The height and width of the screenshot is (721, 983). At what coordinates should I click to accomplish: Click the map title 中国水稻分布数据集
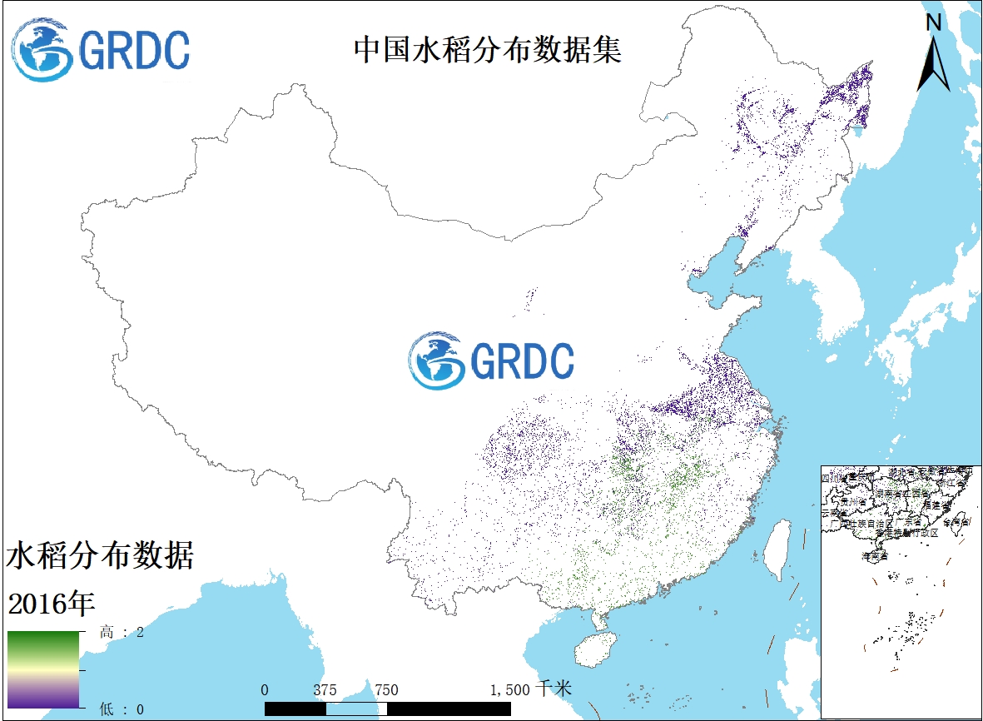click(x=488, y=51)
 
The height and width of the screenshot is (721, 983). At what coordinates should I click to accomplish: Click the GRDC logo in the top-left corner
click(x=101, y=50)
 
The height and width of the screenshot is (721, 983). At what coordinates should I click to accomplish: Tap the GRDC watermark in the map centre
click(x=492, y=360)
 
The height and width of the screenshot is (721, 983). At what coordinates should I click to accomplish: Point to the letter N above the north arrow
click(x=934, y=22)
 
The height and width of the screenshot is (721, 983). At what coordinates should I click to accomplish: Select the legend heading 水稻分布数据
click(x=100, y=555)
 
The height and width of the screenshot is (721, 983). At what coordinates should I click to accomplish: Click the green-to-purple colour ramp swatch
click(x=43, y=669)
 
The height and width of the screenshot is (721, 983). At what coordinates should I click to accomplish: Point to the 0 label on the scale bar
click(x=265, y=690)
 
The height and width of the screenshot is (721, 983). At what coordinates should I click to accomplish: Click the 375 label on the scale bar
click(x=325, y=690)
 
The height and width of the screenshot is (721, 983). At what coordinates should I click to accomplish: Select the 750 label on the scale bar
click(x=386, y=690)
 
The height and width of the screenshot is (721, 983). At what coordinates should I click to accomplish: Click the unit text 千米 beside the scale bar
click(x=554, y=689)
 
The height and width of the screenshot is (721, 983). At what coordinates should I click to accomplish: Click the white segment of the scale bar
click(x=356, y=709)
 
